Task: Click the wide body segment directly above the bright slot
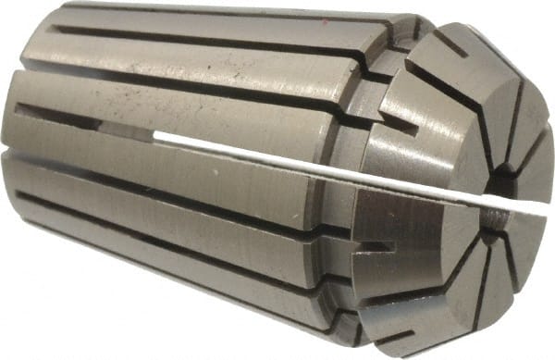pos(213,102)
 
